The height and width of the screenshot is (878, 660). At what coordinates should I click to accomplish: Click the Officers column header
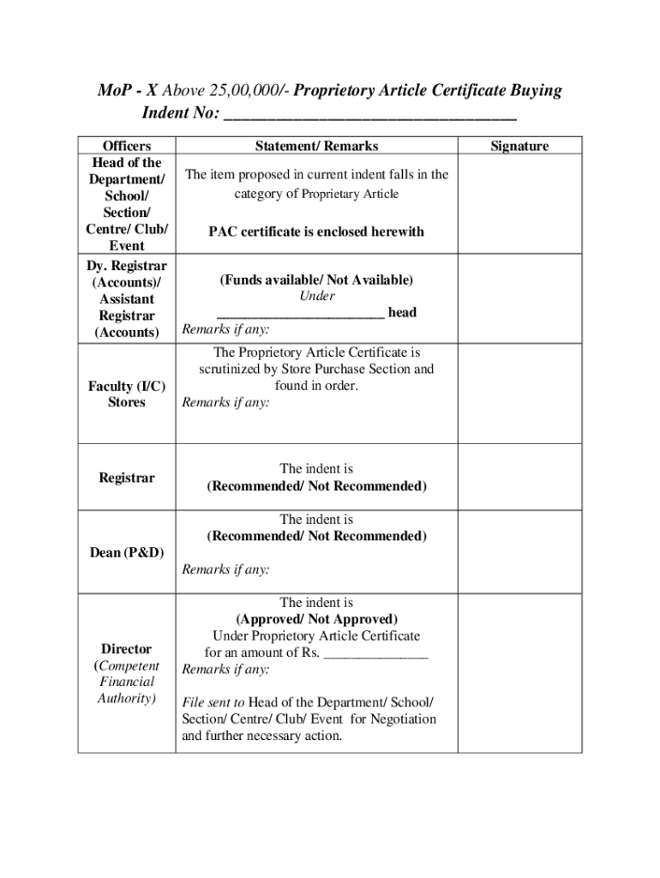126,147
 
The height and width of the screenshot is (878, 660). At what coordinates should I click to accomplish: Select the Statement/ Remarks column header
316,147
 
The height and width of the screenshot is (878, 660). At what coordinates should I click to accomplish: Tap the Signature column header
519,147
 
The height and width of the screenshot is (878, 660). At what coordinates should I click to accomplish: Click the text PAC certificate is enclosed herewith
316,232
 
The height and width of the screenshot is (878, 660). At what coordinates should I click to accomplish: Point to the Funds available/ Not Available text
316,280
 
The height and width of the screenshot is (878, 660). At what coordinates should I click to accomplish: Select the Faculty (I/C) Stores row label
126,394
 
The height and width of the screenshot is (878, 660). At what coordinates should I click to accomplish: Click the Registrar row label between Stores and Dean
126,478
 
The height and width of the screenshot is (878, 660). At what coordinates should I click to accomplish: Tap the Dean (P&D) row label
126,552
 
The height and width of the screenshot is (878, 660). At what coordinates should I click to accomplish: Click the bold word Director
126,649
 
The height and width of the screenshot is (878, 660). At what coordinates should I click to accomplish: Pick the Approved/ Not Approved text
316,619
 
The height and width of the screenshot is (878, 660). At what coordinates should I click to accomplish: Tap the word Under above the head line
316,297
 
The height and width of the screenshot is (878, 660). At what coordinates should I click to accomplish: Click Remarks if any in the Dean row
225,569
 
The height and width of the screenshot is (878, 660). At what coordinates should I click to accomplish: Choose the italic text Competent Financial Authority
126,683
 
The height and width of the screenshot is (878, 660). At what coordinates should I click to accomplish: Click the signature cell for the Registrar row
519,478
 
